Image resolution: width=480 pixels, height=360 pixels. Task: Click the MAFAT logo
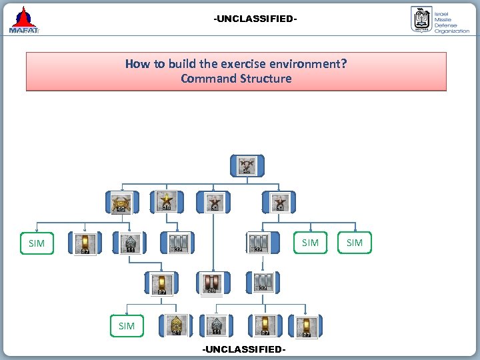click(25, 19)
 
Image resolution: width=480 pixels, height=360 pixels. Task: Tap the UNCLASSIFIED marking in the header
click(255, 19)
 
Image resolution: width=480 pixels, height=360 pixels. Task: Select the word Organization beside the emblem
click(452, 31)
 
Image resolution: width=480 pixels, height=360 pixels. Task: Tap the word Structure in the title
click(266, 79)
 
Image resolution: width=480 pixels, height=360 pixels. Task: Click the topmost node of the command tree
click(247, 165)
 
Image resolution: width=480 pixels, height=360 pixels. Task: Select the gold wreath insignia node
click(121, 203)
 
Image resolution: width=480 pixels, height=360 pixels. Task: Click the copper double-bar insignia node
click(211, 284)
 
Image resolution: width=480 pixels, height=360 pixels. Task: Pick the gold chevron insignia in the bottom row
click(177, 325)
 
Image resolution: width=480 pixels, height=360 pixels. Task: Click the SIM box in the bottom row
click(127, 326)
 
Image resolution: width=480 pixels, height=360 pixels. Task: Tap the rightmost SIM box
click(355, 243)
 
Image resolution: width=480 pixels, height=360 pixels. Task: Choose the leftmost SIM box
click(37, 243)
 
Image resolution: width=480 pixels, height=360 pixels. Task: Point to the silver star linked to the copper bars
click(214, 203)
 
